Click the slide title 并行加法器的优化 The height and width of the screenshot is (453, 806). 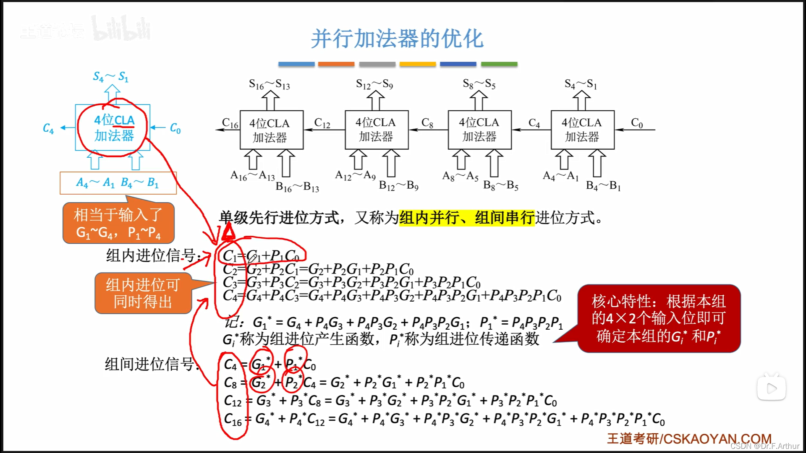pyautogui.click(x=397, y=39)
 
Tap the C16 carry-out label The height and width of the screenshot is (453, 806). pyautogui.click(x=230, y=123)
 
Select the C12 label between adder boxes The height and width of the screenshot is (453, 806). pyautogui.click(x=322, y=123)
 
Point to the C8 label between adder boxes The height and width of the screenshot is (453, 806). pyautogui.click(x=427, y=123)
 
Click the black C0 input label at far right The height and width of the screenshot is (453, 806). pyautogui.click(x=637, y=123)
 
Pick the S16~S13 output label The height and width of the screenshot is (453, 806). pyautogui.click(x=270, y=85)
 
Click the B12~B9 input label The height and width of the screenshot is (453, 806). pyautogui.click(x=398, y=185)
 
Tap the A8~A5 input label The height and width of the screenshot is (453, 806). pyautogui.click(x=460, y=176)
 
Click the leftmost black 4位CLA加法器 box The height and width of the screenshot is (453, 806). pyautogui.click(x=271, y=130)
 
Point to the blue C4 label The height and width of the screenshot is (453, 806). pyautogui.click(x=48, y=128)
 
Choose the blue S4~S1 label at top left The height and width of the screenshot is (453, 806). pyautogui.click(x=111, y=77)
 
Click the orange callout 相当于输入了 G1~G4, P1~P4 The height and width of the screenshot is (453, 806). pyautogui.click(x=118, y=223)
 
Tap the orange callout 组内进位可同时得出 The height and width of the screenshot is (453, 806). pyautogui.click(x=143, y=293)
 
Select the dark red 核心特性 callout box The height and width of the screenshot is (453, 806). pyautogui.click(x=658, y=318)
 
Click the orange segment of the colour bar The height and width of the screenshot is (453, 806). pyautogui.click(x=336, y=64)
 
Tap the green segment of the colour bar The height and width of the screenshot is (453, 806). pyautogui.click(x=499, y=64)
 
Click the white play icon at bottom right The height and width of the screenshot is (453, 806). pyautogui.click(x=771, y=388)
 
